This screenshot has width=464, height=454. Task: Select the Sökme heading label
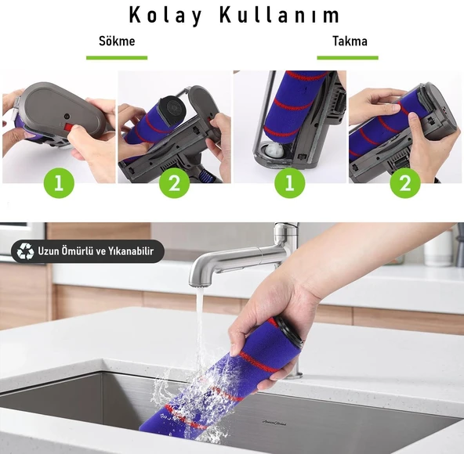pos(117,41)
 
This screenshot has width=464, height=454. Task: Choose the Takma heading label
pos(349,41)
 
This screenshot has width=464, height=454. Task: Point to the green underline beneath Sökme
pos(117,57)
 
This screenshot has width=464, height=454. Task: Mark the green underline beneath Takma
pos(348,57)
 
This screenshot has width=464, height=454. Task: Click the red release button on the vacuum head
pos(68,127)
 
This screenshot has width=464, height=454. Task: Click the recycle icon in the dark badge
pos(24,251)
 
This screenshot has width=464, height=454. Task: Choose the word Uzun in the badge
pos(49,251)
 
